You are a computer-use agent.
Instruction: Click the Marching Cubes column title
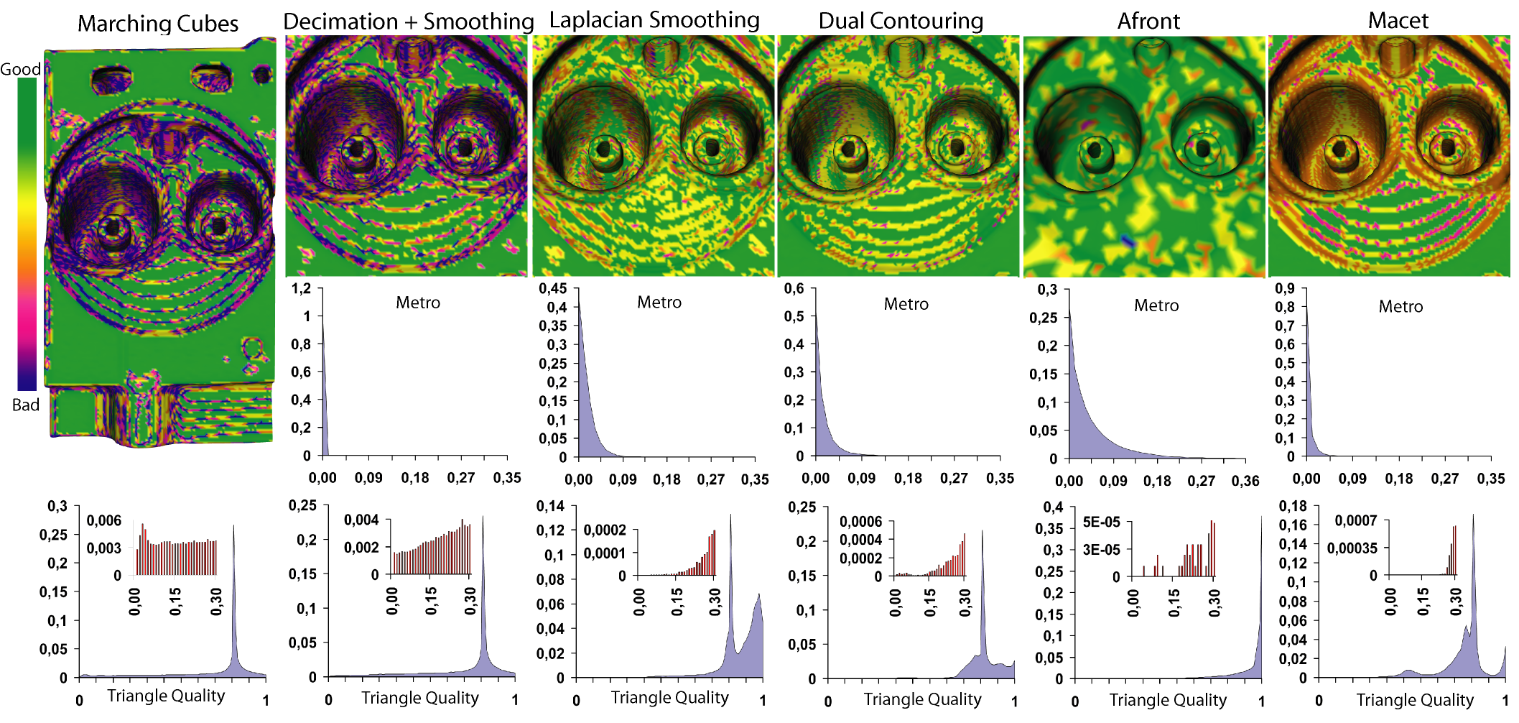(157, 24)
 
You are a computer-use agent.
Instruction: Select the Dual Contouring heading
(901, 22)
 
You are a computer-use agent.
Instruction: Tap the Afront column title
(1148, 22)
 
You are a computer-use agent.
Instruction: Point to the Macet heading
(1398, 21)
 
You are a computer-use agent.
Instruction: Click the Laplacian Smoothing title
(654, 20)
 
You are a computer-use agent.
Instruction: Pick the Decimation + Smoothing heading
(408, 22)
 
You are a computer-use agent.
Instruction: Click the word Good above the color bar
(20, 69)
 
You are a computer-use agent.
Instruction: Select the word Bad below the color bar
(25, 405)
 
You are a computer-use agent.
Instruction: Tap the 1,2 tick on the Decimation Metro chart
(301, 288)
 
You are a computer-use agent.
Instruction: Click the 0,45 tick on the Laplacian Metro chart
(552, 288)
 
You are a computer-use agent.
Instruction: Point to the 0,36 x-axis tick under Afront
(1245, 481)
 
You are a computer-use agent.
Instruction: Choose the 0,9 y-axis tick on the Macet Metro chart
(1285, 288)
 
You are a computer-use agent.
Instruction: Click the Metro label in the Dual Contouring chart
(906, 304)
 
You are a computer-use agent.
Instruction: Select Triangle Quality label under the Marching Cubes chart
(166, 696)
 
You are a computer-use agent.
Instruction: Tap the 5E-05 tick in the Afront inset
(1101, 522)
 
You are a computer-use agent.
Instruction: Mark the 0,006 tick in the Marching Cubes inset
(104, 520)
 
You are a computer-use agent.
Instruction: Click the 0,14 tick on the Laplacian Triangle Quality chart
(550, 506)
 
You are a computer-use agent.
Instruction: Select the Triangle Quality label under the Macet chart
(1414, 699)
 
